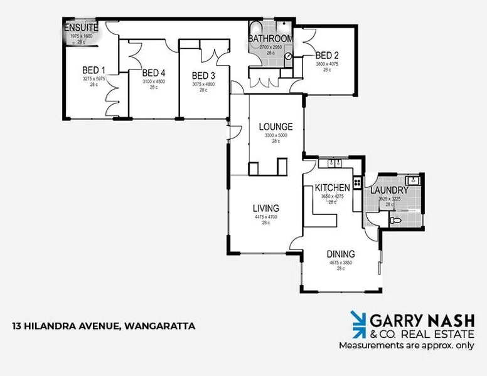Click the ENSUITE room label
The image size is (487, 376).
(x=81, y=28)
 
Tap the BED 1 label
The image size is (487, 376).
(x=94, y=70)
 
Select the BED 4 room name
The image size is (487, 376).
(x=154, y=73)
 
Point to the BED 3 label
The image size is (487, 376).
(x=203, y=75)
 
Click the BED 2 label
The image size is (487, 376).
(x=327, y=55)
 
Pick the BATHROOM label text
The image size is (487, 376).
(x=270, y=39)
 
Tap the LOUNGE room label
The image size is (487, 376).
(x=276, y=127)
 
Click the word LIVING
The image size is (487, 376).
(x=265, y=208)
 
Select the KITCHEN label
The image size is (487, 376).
(x=332, y=188)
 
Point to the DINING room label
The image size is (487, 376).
(x=340, y=254)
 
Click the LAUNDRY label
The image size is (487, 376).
(x=389, y=190)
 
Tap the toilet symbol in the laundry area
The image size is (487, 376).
(x=396, y=220)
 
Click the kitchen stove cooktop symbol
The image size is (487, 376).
(x=357, y=183)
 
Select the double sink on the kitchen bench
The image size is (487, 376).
(x=333, y=164)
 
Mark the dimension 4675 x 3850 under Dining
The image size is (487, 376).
(x=340, y=263)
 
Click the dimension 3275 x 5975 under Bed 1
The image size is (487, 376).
(x=94, y=79)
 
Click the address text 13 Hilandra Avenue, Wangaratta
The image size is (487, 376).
(x=104, y=326)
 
